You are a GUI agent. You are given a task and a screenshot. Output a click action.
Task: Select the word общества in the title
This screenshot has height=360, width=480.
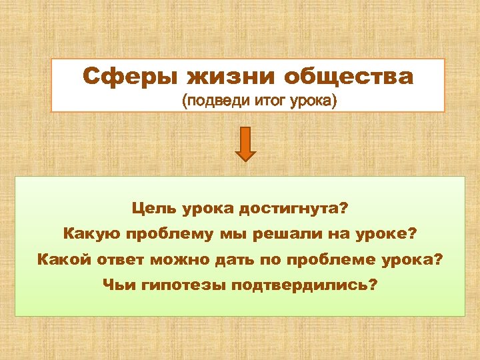coord(349,77)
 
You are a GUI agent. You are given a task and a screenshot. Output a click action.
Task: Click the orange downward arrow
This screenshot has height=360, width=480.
coord(246,143)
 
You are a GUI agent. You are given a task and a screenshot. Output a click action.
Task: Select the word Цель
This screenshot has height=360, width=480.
coord(155,209)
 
